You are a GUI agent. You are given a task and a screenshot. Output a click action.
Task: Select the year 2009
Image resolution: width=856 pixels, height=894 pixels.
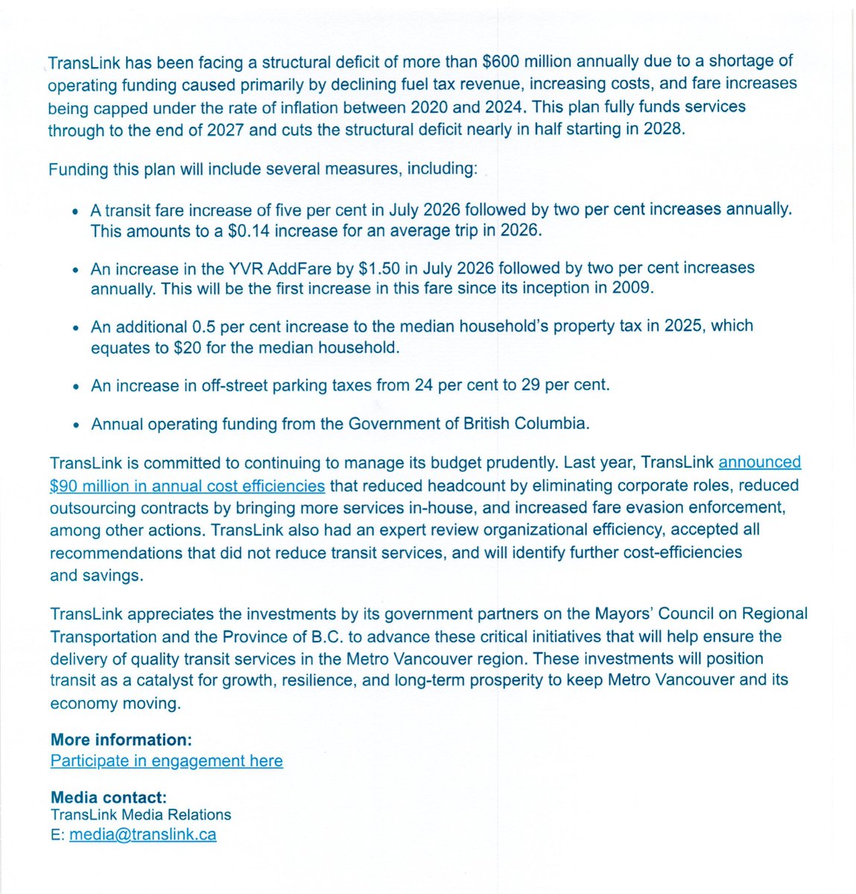(633, 288)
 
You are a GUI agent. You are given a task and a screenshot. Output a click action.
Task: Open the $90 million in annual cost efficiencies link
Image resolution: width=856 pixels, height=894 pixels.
(187, 486)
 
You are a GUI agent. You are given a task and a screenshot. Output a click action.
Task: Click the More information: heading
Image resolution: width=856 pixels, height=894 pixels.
(121, 740)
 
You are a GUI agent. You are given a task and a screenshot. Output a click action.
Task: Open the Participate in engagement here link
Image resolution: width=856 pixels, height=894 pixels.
(167, 761)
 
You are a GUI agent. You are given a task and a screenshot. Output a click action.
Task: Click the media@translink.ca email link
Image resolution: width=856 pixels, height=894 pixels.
(143, 834)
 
